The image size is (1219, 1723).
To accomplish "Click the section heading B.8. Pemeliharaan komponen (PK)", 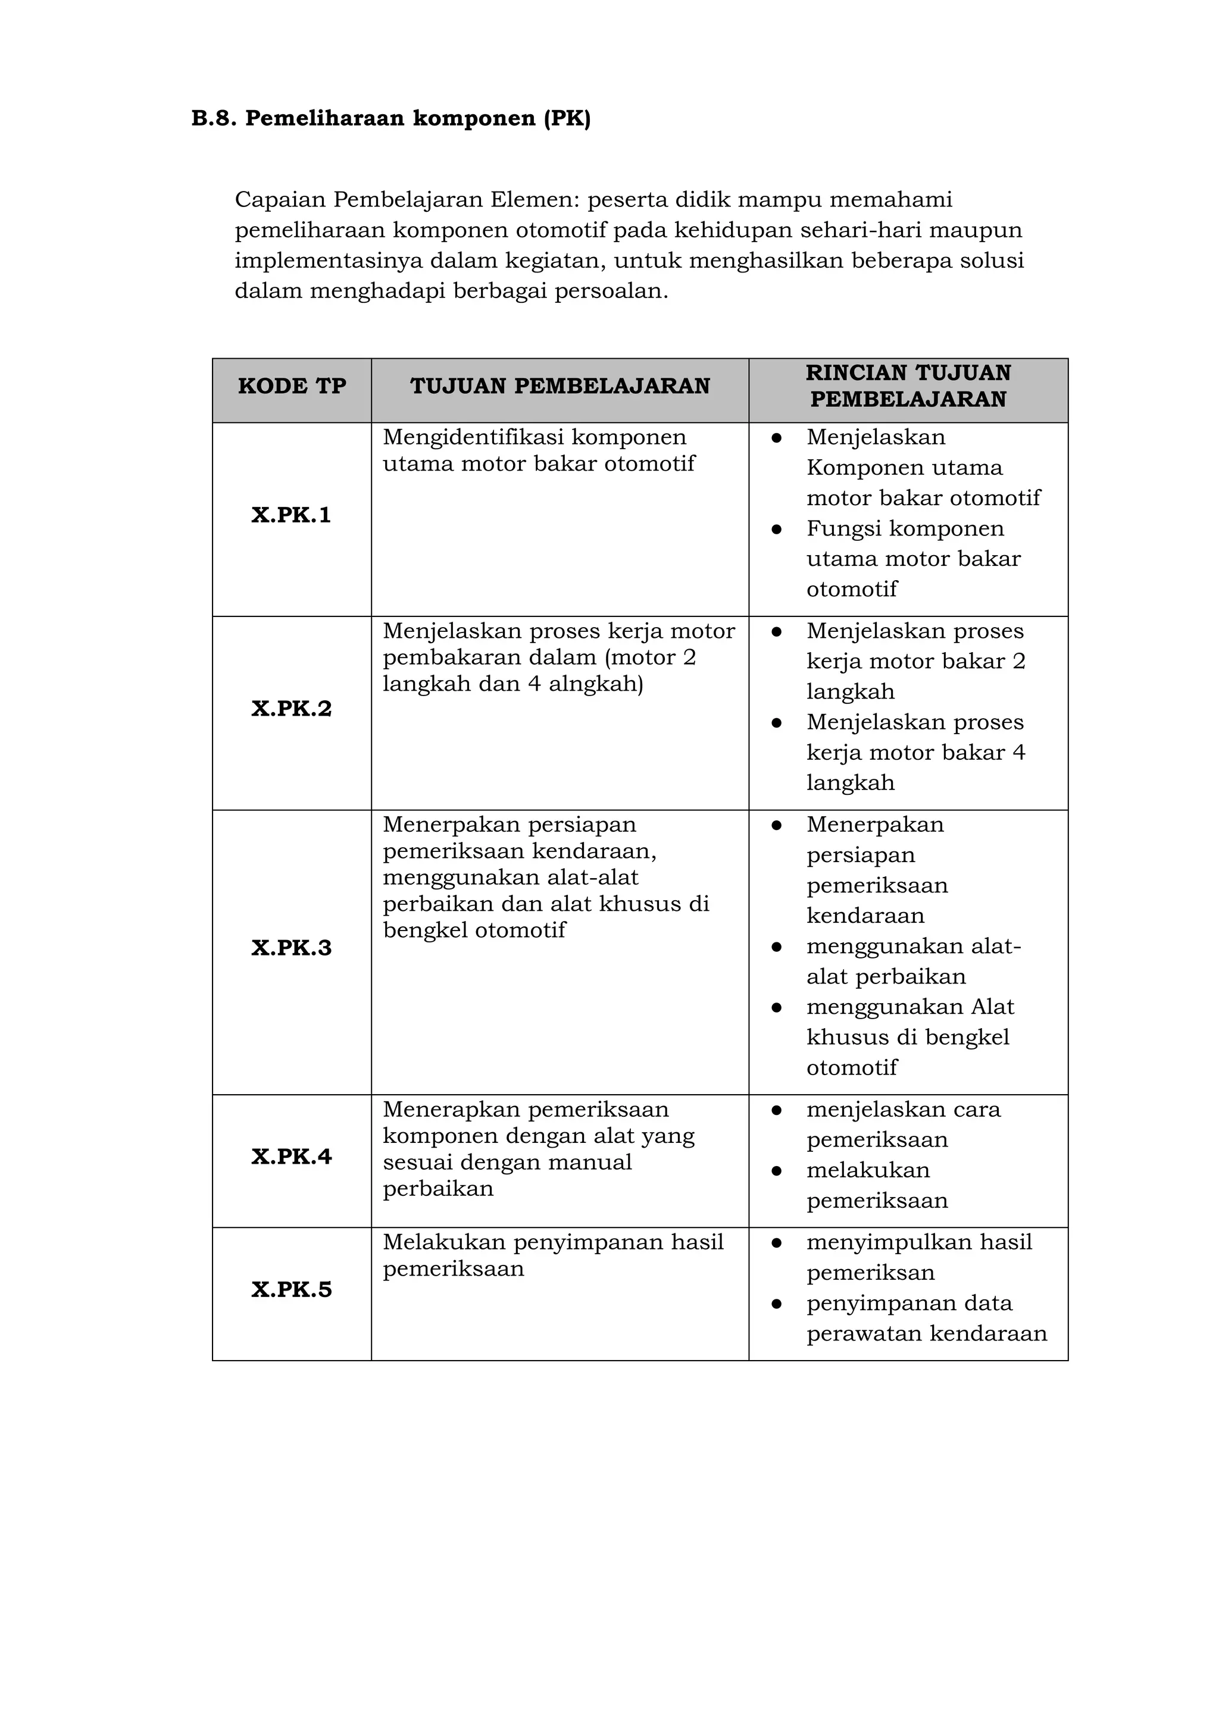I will [x=391, y=118].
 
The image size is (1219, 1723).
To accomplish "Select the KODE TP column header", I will [x=292, y=387].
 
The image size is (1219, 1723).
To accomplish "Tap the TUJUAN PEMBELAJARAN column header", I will [x=560, y=387].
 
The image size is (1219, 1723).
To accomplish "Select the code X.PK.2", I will [x=291, y=709].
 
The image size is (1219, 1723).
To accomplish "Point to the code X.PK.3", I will [x=291, y=948].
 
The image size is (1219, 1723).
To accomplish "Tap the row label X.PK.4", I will [x=291, y=1157].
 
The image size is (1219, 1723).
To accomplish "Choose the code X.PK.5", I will [x=291, y=1290].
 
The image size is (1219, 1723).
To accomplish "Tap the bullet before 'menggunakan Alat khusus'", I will [x=777, y=1008].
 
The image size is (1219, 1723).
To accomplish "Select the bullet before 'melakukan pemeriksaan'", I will [x=777, y=1171].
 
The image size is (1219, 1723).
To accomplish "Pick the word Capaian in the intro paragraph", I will [x=280, y=201].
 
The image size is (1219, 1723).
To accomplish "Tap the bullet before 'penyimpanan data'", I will [x=777, y=1304].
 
